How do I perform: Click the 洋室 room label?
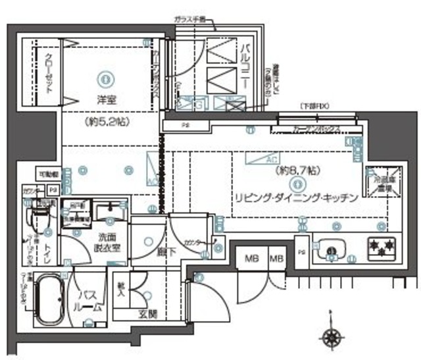point(89,99)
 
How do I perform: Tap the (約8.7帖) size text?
point(297,170)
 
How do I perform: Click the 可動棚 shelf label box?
point(48,174)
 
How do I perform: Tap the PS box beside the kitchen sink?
point(301,251)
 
